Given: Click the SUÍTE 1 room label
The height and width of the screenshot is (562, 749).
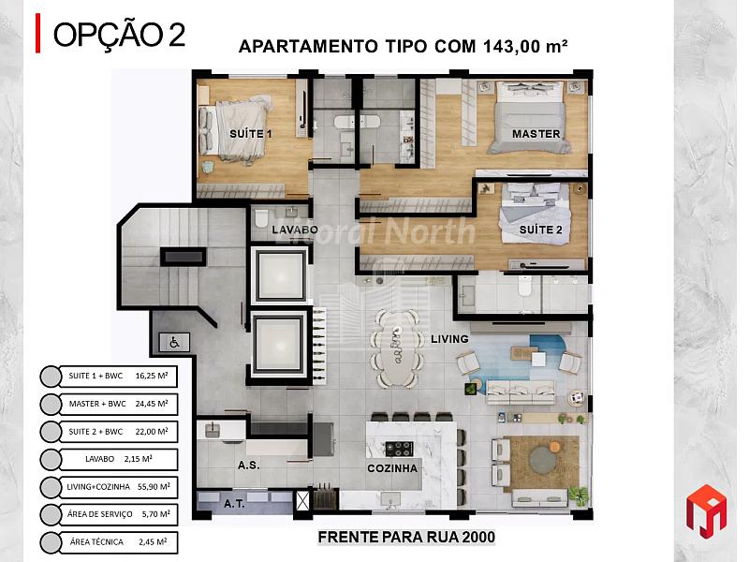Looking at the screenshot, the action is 251,134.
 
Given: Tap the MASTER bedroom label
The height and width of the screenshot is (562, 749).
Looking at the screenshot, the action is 536,134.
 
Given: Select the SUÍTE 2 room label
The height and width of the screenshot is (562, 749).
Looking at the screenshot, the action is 541,229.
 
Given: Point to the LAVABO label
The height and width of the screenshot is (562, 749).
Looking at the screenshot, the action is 295,229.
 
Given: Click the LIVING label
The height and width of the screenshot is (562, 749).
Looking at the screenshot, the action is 449,339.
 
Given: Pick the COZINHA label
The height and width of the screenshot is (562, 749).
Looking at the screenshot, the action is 392,468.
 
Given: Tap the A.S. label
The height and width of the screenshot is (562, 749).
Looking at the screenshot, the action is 249,465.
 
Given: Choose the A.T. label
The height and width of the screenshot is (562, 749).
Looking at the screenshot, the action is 235,503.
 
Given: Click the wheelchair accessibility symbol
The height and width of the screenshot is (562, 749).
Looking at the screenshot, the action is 174,342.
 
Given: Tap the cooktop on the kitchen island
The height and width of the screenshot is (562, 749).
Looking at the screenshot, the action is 399,449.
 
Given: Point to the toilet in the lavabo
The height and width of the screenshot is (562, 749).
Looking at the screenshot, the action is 261,219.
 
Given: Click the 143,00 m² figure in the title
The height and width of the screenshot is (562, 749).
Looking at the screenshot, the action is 525,46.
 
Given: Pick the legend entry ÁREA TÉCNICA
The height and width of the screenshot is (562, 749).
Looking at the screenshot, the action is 96,542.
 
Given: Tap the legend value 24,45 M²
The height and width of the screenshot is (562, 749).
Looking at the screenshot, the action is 152,404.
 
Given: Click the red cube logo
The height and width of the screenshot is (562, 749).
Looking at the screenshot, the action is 706,510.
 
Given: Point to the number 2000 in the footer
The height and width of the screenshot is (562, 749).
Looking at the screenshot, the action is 478,537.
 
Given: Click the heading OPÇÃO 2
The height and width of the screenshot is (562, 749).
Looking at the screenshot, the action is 119,35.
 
